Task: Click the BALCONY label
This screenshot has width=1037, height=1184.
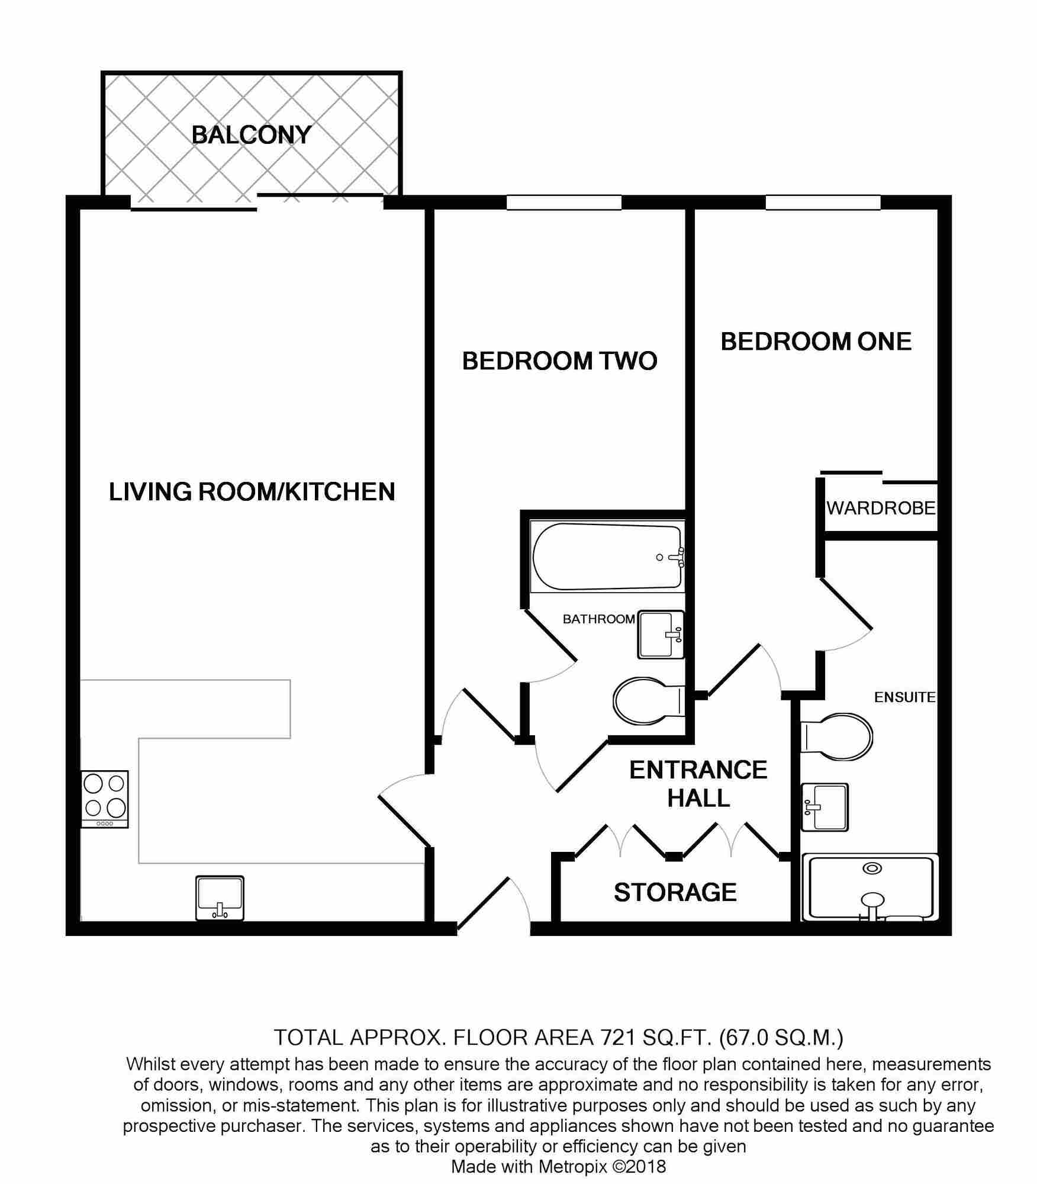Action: [x=251, y=135]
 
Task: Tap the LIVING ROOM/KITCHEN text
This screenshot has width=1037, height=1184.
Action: [x=252, y=492]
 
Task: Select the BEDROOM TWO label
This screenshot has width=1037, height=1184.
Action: [x=559, y=361]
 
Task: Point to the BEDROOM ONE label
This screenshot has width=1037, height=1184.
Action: [x=816, y=342]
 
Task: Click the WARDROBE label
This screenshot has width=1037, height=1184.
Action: [x=881, y=508]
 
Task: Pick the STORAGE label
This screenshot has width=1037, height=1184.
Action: [x=675, y=892]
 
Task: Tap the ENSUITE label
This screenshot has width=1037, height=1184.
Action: [x=904, y=697]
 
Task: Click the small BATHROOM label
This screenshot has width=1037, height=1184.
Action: [x=598, y=619]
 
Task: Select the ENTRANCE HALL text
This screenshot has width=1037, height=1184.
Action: [x=698, y=784]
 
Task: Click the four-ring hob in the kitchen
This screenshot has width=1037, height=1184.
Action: [x=105, y=798]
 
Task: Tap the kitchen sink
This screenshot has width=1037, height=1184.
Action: [x=220, y=897]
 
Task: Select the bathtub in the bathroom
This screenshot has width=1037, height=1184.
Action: [x=607, y=556]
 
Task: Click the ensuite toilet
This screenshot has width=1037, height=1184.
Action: [x=837, y=737]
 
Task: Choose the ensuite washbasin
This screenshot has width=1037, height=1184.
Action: [x=825, y=807]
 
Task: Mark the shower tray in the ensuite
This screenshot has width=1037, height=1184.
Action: [x=870, y=887]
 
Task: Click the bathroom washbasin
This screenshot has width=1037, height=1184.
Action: [x=660, y=635]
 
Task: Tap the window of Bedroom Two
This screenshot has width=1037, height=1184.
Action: [x=563, y=202]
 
